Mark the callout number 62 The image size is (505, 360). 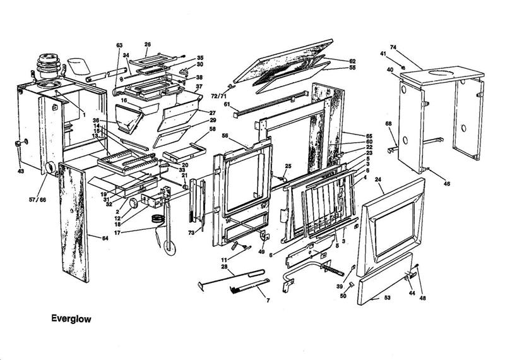click(352, 61)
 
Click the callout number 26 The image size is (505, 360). click(147, 45)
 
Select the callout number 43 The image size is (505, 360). click(21, 171)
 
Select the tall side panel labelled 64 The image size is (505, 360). click(74, 221)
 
